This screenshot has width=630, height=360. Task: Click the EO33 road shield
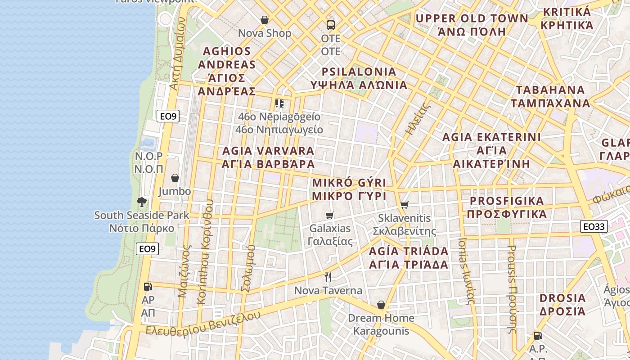pos(594,226)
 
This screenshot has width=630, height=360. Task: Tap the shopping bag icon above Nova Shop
pos(265,20)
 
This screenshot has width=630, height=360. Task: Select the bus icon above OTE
pos(331,25)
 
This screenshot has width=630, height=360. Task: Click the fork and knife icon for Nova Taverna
pos(328,277)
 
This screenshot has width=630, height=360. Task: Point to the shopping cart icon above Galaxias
pos(330,215)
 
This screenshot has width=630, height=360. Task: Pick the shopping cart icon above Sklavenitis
pos(404,205)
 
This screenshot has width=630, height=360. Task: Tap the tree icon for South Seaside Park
pos(142,202)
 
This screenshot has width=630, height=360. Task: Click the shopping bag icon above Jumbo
pos(175,178)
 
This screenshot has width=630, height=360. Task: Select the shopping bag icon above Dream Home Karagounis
pos(381,305)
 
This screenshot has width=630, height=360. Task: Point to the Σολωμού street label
pos(248,269)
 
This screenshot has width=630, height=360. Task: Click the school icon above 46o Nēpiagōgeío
pos(279,103)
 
